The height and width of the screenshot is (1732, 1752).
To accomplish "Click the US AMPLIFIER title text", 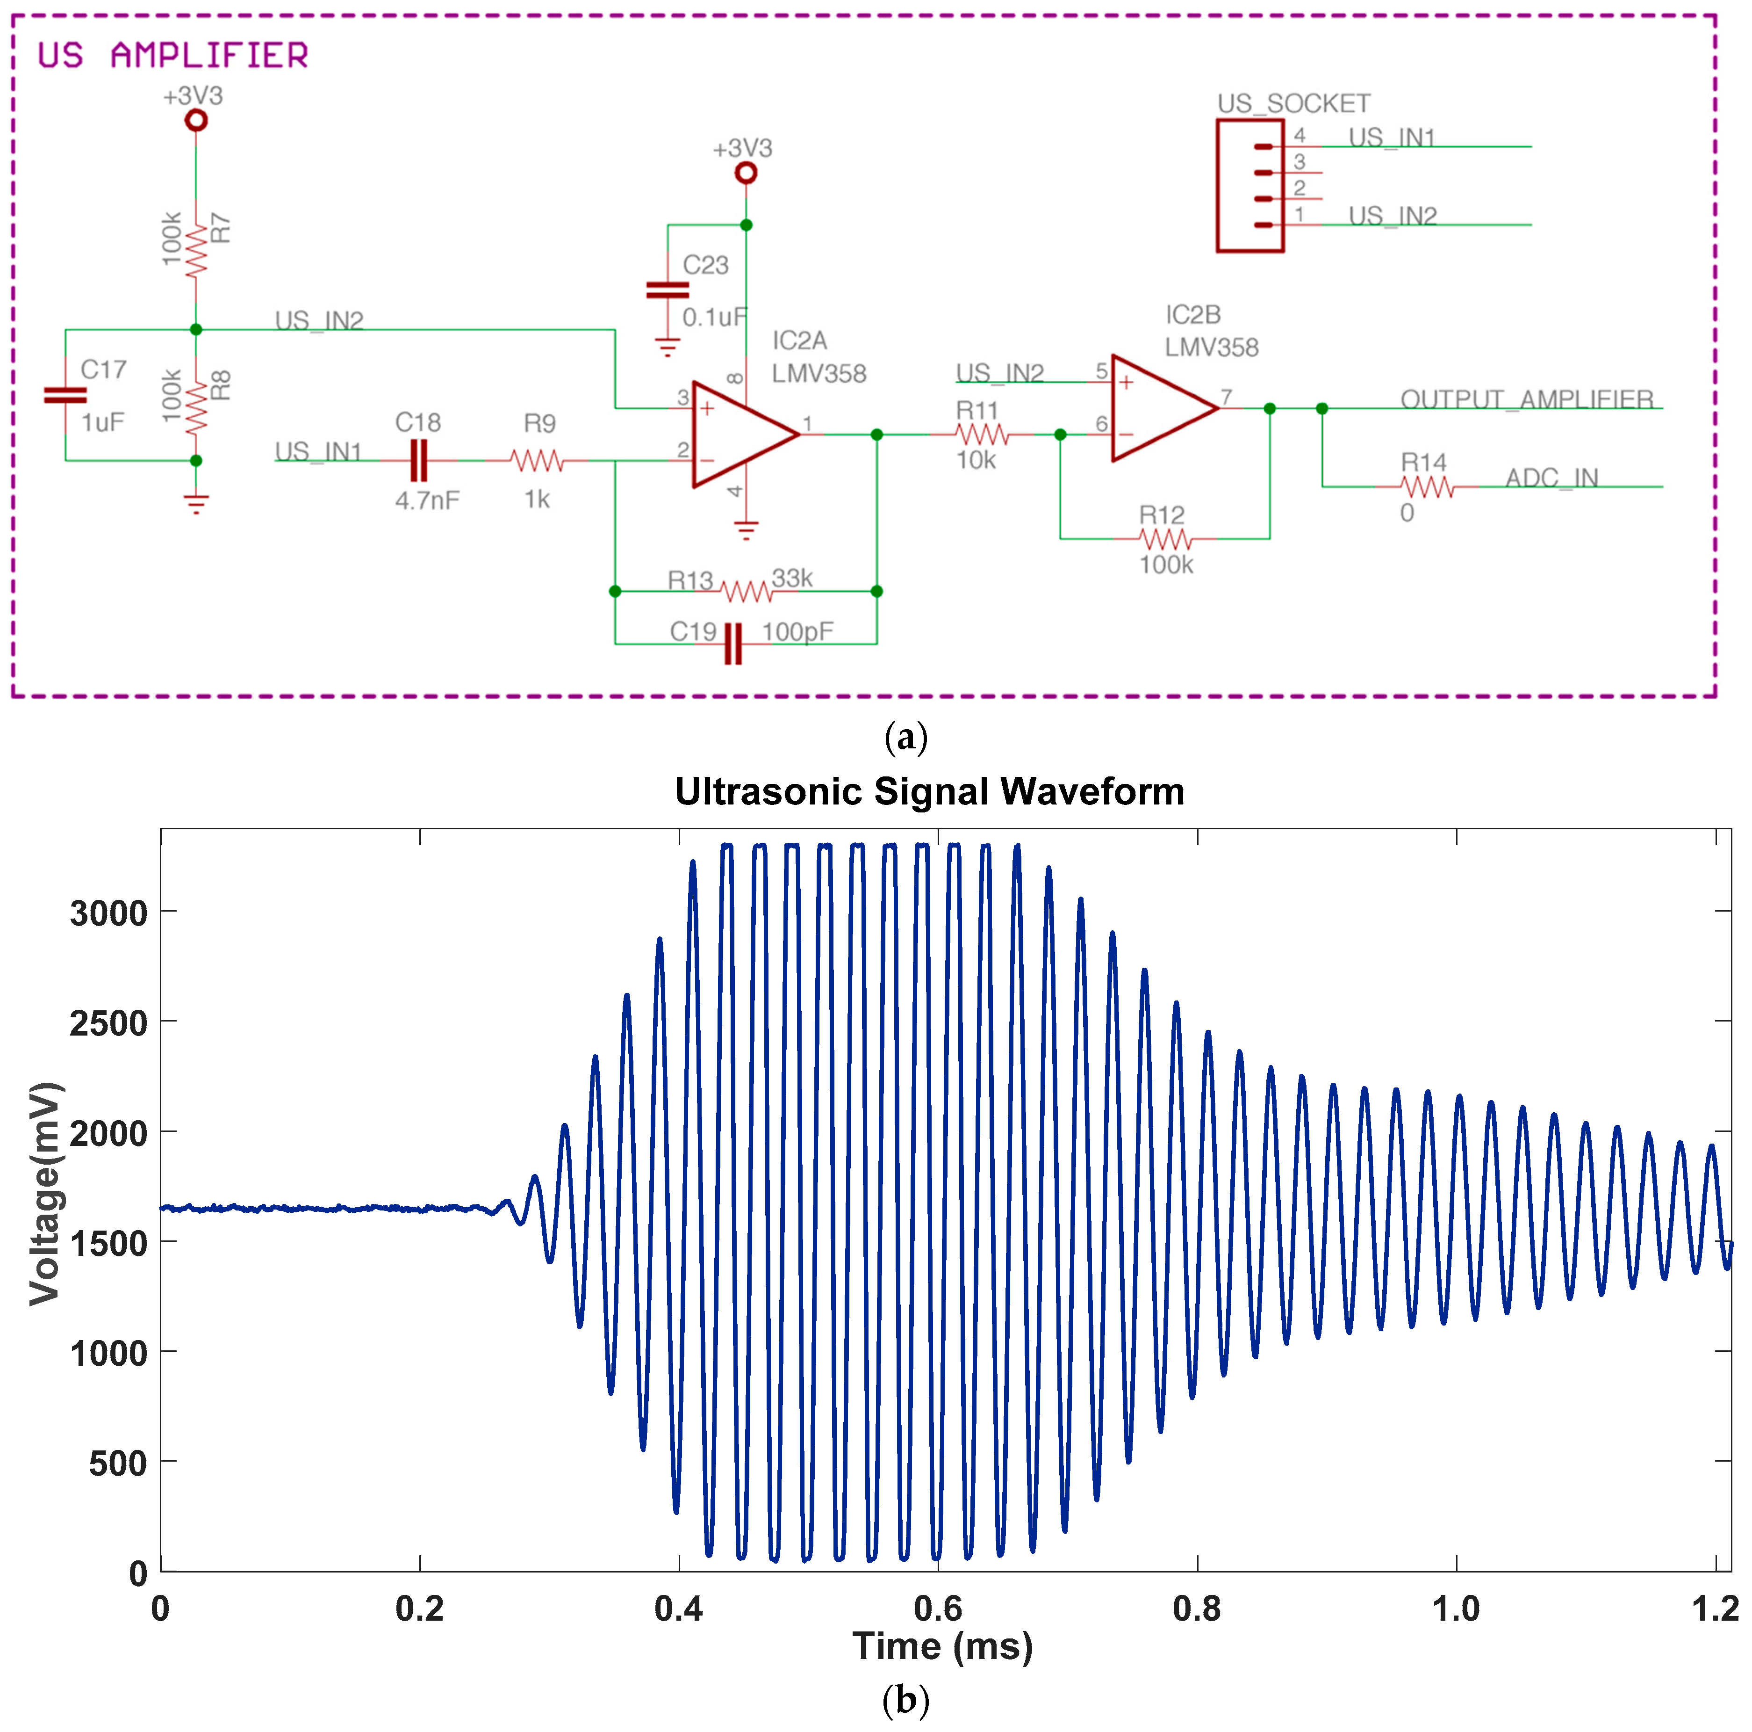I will click(172, 56).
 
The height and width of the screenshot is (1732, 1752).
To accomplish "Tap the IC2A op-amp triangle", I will click(739, 435).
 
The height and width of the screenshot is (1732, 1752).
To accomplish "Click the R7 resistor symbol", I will click(196, 251).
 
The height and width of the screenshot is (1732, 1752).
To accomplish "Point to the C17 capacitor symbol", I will click(65, 395).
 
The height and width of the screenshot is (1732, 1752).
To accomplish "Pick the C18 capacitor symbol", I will click(418, 461).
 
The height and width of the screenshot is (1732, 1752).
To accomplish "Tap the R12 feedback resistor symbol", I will click(1164, 539).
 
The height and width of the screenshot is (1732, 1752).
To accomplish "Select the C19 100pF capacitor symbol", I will click(732, 643).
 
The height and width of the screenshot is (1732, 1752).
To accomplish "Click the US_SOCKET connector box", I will click(1249, 185).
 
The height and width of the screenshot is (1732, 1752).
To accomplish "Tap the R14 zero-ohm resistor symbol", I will click(1427, 487).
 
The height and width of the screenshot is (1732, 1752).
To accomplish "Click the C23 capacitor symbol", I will click(668, 290).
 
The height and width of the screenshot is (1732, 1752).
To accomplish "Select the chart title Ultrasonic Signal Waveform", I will click(929, 791).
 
